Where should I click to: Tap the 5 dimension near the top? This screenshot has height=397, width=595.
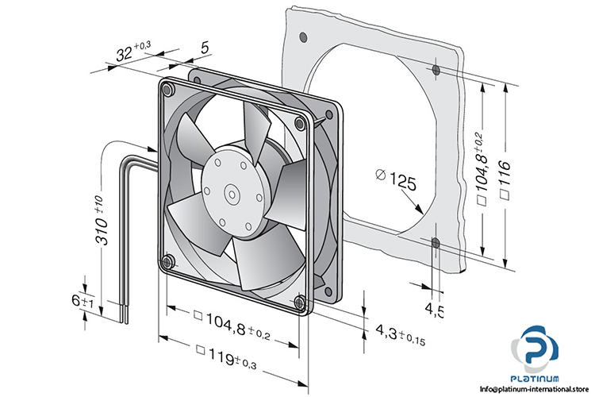tap(205, 48)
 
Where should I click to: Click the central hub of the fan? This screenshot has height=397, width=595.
tap(230, 191)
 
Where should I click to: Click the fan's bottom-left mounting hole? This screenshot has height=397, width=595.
tap(166, 261)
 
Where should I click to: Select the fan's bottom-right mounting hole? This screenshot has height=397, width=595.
tap(298, 303)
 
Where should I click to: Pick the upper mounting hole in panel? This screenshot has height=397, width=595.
tap(436, 71)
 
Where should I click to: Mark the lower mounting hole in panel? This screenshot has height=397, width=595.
tap(435, 241)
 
